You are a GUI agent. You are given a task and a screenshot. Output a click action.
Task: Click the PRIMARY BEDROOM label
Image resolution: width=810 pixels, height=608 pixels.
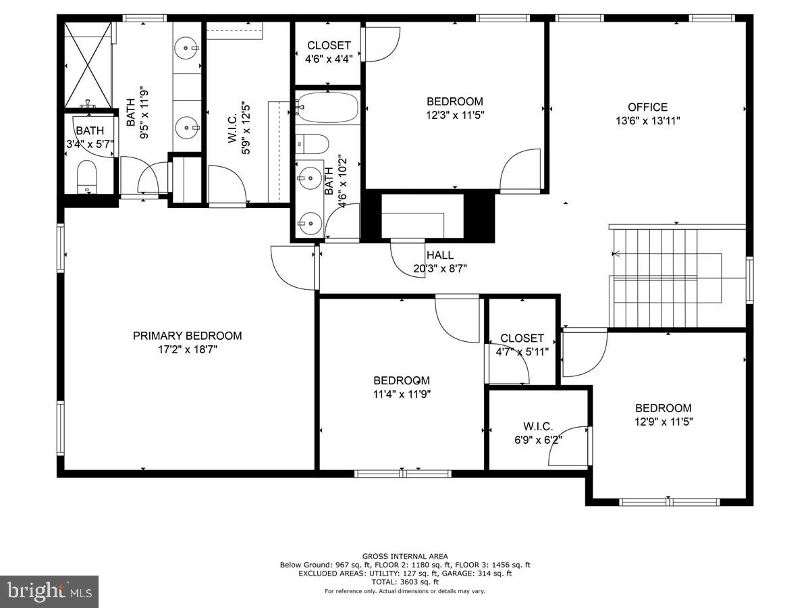point(187,336)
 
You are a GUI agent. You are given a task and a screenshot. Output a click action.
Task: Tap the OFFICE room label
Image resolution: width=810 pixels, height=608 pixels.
point(647,107)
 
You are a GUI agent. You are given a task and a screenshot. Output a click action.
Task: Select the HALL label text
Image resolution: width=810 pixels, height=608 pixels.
point(439,255)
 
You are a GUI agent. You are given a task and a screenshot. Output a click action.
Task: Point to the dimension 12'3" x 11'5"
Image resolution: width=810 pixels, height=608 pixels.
point(455,115)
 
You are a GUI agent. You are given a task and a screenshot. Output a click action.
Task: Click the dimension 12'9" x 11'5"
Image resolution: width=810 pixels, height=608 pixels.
point(664,422)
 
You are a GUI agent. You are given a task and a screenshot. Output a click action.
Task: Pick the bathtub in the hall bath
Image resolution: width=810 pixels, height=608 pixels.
point(327,108)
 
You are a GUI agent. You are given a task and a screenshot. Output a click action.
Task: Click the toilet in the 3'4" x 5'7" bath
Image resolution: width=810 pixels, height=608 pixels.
point(88,177)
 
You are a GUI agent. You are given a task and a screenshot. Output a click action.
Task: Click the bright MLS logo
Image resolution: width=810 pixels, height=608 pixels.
point(49,591)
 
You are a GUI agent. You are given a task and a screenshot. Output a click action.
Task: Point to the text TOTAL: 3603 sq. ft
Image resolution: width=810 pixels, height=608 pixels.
point(405,582)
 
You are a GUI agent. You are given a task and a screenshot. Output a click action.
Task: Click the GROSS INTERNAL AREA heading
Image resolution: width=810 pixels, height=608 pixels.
point(405,556)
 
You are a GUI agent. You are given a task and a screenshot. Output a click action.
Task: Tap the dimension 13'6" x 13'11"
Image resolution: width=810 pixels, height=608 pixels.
point(647,121)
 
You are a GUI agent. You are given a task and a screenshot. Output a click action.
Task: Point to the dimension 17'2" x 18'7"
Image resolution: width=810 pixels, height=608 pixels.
point(187,349)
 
